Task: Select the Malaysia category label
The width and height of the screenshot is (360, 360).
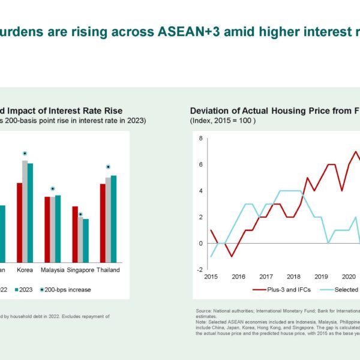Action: (x=53, y=270)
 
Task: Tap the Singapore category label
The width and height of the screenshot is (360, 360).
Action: (x=82, y=270)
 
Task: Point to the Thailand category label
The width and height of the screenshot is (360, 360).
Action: (x=108, y=270)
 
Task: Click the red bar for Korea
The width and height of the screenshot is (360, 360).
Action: (x=19, y=222)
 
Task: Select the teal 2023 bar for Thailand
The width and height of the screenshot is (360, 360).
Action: (x=114, y=218)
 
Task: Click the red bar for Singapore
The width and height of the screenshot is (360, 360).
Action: (x=75, y=234)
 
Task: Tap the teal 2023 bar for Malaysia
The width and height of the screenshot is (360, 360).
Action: (x=58, y=229)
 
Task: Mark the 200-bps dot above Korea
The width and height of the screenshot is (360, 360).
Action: (x=25, y=154)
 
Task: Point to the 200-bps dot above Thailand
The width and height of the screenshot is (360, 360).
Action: (x=108, y=167)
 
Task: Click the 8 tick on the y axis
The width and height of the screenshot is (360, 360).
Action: (x=201, y=139)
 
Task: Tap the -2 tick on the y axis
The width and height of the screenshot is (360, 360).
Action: (x=200, y=269)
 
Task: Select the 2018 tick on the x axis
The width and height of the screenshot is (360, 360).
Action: (x=293, y=277)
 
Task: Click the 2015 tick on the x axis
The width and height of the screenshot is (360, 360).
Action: (x=211, y=277)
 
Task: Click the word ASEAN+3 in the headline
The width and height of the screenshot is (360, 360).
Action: (x=175, y=32)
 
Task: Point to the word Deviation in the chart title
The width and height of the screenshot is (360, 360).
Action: (x=209, y=110)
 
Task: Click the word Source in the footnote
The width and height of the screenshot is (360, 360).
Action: (x=203, y=311)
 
